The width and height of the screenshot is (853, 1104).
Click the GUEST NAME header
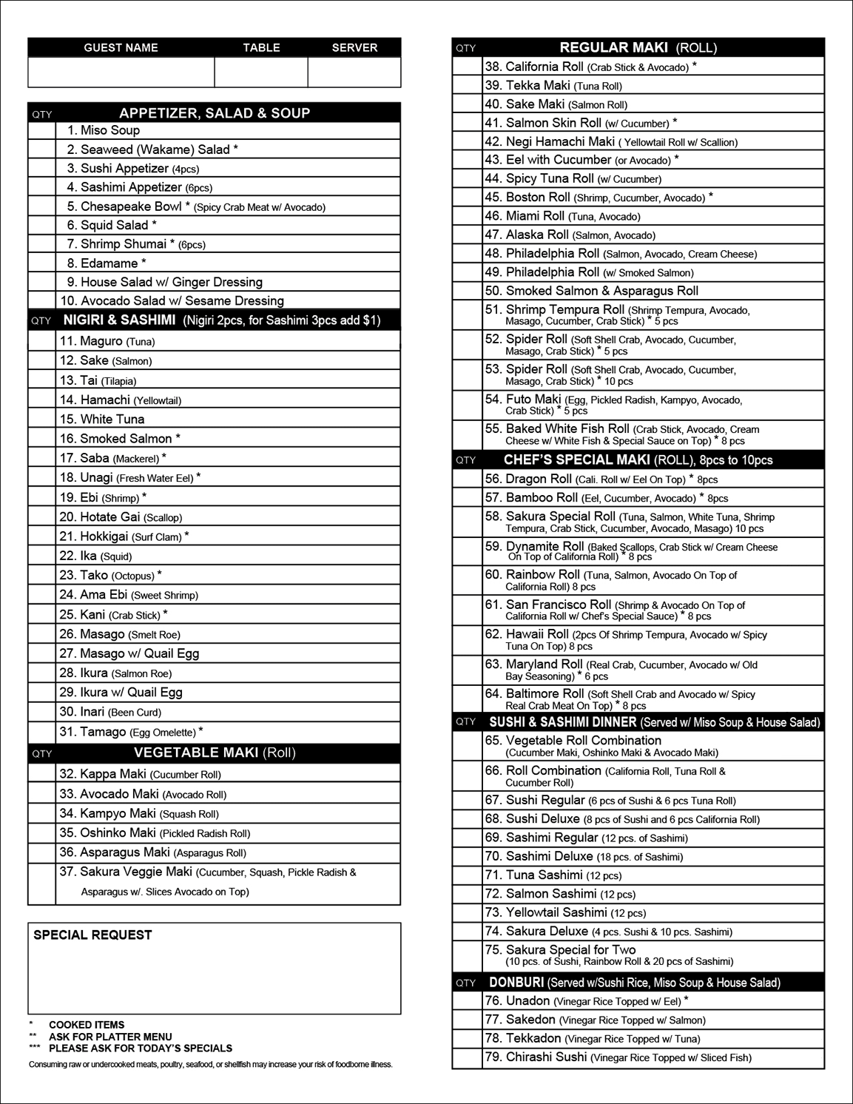[121, 47]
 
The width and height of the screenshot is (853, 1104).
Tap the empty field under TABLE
[261, 73]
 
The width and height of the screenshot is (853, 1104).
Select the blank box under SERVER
[354, 73]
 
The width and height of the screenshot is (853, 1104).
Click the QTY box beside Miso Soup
[42, 130]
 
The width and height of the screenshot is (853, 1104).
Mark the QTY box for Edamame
[42, 263]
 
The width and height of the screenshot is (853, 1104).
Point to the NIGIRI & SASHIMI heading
[119, 320]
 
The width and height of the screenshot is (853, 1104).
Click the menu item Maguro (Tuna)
[107, 341]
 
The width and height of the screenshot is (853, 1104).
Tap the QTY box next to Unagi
[42, 478]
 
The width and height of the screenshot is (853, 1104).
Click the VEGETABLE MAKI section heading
[215, 753]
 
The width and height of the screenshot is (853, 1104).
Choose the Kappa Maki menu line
[140, 774]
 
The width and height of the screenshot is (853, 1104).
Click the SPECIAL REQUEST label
[92, 935]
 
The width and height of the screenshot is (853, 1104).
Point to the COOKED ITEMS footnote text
[87, 1025]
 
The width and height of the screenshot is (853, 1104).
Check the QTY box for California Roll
[468, 67]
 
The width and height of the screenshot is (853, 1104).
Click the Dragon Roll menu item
[601, 479]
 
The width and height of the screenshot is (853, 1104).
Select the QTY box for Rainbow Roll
[468, 580]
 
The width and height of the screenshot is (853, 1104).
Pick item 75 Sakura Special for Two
[570, 950]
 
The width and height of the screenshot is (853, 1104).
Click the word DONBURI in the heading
[516, 983]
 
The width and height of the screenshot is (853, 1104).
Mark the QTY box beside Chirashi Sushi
[468, 1057]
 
